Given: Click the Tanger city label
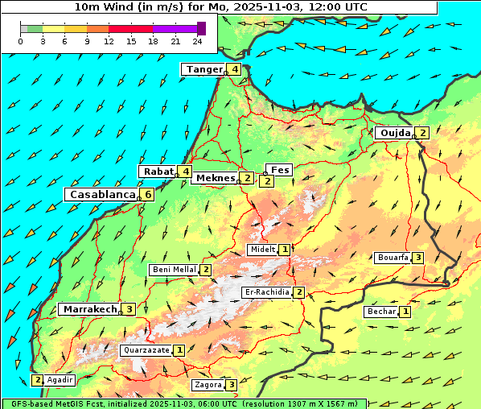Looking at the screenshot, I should point(204,69).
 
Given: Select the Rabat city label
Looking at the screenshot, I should point(158,171).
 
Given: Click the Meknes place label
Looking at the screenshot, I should point(214,178).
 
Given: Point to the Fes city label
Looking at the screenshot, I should point(280,170).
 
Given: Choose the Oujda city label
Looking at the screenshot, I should point(395,133).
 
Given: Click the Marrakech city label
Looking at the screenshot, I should point(89,309).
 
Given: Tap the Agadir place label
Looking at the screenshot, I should point(60,380).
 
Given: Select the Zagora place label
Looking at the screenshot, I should point(208,385).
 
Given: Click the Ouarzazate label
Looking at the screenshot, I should point(146,350).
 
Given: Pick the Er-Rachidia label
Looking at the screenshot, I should point(266,292).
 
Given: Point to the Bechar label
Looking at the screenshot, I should point(382,312).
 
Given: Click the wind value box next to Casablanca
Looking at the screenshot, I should point(148,195).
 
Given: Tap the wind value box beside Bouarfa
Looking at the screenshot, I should point(417,258).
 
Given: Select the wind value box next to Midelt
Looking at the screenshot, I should point(285,250).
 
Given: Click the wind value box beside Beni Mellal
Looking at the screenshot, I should point(206,270).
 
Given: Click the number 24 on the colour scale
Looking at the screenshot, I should point(196,40).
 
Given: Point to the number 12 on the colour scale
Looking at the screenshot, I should point(109,40).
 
